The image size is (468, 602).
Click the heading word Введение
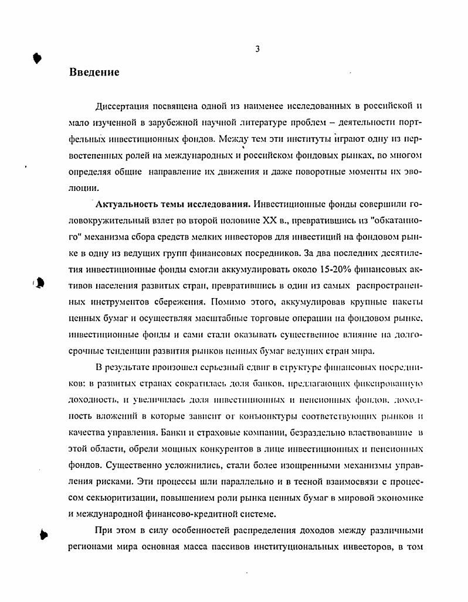click(x=94, y=72)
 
